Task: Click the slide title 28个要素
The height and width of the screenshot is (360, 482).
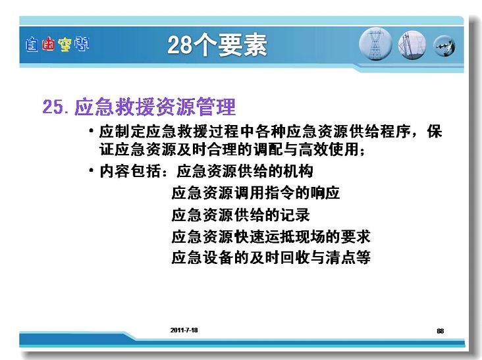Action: coord(217,45)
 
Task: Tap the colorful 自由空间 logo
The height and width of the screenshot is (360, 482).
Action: coord(57,44)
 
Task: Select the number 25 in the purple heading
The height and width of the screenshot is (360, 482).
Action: coord(53,107)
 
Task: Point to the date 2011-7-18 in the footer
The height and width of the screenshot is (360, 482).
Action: coord(184,330)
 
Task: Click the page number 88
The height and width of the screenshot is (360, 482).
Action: coord(441,331)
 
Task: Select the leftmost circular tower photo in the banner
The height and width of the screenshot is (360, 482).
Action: coord(375,44)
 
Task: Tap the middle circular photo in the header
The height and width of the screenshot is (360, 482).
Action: coord(412,45)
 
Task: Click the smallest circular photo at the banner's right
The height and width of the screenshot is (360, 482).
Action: coord(444,46)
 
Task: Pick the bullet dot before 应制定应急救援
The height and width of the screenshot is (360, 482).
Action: coord(91,131)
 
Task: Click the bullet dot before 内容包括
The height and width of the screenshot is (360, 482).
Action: coord(91,170)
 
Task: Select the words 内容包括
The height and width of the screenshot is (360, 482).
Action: coord(130,171)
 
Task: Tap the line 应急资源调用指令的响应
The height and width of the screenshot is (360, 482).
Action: coord(255,193)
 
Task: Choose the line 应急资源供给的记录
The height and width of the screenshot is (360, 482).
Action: coord(240,215)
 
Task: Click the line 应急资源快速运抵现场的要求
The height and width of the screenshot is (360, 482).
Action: coord(271,236)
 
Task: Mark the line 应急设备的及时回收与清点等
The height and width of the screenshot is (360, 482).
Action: coord(271,257)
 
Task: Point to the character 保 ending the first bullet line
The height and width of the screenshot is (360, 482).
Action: coord(435,132)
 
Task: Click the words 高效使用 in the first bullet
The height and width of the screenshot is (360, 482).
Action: coord(329,149)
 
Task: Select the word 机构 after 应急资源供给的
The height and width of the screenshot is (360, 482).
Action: coord(298,171)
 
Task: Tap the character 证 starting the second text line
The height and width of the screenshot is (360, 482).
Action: coord(107,149)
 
